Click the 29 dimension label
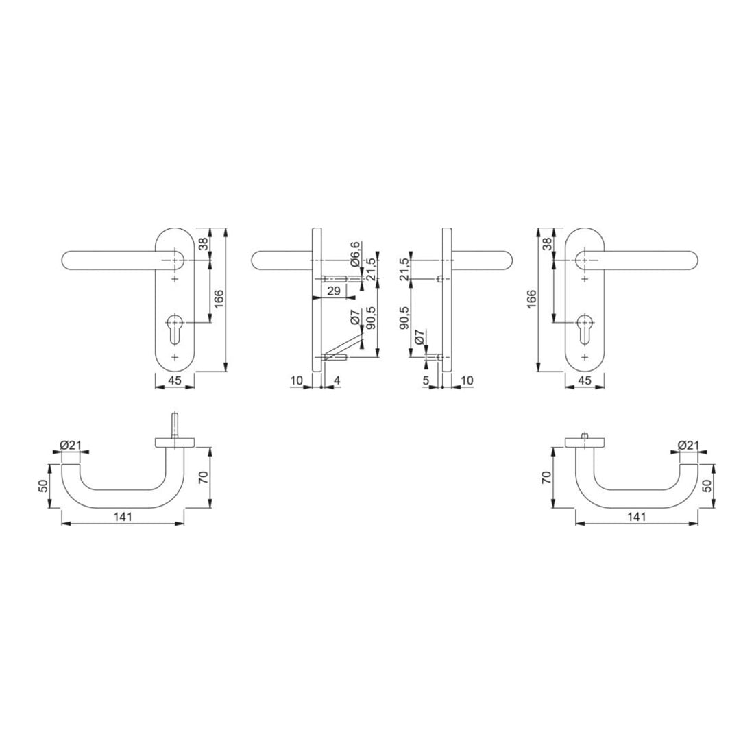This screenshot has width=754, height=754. pos(334,291)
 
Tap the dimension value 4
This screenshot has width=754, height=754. pos(337,381)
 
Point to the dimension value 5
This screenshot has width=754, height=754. pos(426,381)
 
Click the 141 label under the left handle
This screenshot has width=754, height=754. pos(123,517)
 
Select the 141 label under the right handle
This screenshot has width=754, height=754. pos(637,517)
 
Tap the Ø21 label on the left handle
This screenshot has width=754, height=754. pos(70,446)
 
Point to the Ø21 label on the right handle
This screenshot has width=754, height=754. pos(688,446)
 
